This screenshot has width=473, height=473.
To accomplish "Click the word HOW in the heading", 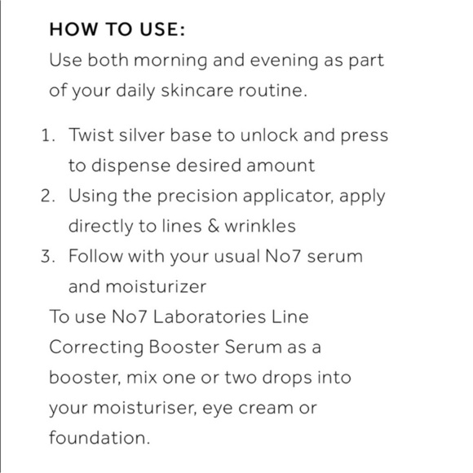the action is pos(73,29).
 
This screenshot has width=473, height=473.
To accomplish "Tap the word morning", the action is pos(170,61).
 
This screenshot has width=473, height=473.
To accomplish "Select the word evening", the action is pos(284,61).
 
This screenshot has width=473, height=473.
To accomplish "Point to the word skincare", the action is pos(197,90).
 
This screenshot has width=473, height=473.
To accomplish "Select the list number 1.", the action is pos(47,135).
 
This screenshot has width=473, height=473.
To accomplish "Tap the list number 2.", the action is pos(47,196).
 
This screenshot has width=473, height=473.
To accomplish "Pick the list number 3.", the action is pos(47,256).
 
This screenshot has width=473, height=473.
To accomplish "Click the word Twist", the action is pos(91,135).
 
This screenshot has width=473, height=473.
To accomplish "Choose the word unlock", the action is pos(269,135).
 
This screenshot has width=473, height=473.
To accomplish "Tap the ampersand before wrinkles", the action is pos(214,226).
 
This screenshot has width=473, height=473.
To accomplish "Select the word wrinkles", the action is pos(260,226).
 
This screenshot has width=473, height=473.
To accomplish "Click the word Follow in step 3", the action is pos(95,256).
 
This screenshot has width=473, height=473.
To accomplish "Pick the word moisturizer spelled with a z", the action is pos(156,286).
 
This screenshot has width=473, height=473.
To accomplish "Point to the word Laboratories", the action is pos(210,316).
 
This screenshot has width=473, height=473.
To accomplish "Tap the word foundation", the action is pos(99,437).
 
